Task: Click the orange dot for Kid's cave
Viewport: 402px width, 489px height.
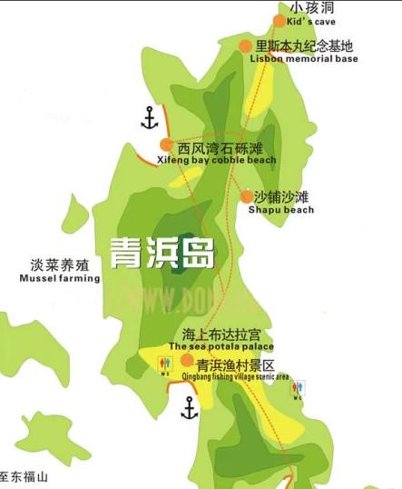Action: [x=279, y=21]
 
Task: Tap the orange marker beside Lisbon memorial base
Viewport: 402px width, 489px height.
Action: [x=245, y=46]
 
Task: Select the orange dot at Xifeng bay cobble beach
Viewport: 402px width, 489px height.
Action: [x=167, y=145]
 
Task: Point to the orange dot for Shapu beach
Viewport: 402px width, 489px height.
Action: [x=247, y=196]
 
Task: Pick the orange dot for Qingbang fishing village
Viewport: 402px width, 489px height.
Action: [x=187, y=360]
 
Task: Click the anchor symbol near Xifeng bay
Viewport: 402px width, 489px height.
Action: [x=149, y=118]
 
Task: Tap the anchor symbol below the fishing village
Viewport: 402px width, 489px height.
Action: [x=189, y=408]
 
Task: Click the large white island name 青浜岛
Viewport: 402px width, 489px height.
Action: [x=162, y=253]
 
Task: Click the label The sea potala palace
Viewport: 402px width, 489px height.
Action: [x=221, y=347]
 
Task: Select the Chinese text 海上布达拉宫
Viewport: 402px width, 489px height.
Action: [x=221, y=334]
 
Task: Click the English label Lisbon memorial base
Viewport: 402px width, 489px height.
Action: [x=303, y=59]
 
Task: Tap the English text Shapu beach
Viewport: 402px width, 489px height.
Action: [x=281, y=210]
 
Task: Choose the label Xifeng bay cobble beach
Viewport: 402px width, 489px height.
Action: [x=217, y=160]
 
